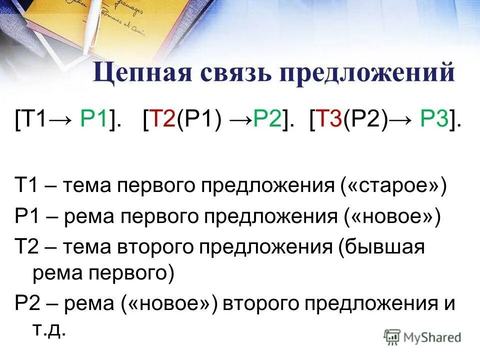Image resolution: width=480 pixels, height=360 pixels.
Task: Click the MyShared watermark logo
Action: point(423,336)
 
